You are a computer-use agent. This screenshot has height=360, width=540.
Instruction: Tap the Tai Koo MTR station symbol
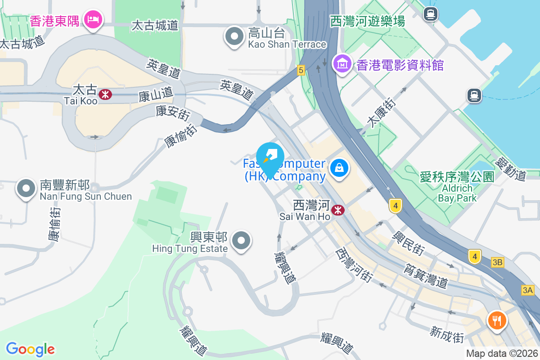[106, 94]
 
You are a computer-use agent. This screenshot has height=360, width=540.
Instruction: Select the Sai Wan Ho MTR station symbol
[338, 210]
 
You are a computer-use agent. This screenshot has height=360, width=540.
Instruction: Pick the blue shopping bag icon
[339, 169]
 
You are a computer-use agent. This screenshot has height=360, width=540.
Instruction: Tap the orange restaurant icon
[497, 321]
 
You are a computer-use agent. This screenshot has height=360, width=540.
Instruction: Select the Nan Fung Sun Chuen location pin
[26, 189]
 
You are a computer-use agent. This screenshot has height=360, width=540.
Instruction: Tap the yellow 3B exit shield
[497, 262]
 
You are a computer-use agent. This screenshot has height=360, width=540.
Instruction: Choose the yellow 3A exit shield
[527, 290]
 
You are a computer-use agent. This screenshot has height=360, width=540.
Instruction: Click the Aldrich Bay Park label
[457, 193]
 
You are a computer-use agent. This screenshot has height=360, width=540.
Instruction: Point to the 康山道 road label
[156, 94]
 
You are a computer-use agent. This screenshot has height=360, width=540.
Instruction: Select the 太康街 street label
[382, 114]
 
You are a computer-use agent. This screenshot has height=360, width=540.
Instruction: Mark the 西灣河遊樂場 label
[368, 21]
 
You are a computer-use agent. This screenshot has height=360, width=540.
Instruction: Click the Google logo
[31, 349]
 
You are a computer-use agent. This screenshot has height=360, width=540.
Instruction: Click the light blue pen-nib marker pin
[270, 158]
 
